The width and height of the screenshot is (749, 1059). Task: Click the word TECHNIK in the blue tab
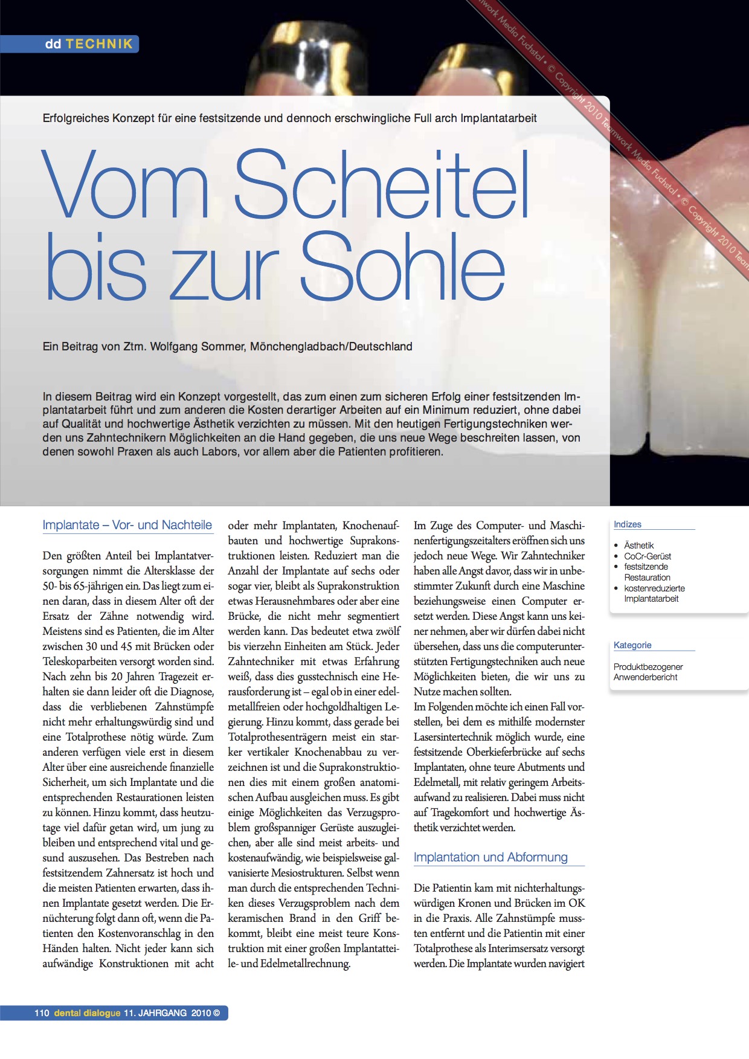pos(99,44)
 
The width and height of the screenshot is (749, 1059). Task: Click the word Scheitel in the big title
pos(382,184)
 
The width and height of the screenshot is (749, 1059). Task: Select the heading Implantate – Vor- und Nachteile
pos(127,525)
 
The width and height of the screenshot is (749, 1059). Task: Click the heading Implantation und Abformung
pos(490,857)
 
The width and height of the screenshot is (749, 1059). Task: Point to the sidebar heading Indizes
pos(627,524)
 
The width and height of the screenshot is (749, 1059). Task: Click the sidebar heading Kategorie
pos(632,645)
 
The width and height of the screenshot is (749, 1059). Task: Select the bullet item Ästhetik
pos(638,546)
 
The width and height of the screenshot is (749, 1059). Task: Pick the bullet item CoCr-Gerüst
pos(647,556)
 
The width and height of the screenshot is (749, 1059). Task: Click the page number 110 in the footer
pos(42,1013)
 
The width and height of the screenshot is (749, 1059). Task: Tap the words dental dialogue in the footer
pos(87,1013)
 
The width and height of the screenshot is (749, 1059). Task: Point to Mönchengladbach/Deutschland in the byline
pos(331,347)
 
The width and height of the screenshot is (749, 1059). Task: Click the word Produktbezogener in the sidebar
pos(648,667)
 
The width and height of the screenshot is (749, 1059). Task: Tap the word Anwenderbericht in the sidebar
pos(645,677)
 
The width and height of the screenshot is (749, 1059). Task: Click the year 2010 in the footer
pos(201,1013)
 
